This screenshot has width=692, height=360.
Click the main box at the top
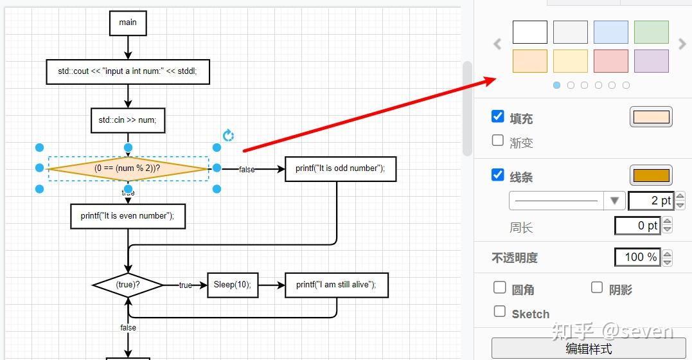(x=128, y=23)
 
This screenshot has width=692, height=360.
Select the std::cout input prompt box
(x=128, y=71)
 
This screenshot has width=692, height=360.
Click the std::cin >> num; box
(x=128, y=120)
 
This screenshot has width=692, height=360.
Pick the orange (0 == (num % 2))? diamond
(x=128, y=168)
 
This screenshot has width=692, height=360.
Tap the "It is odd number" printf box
(x=341, y=168)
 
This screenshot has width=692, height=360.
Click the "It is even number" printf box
(x=128, y=217)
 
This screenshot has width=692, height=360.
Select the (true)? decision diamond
(x=128, y=285)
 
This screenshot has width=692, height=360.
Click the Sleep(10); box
(x=233, y=285)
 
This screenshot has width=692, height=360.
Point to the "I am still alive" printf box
(x=336, y=285)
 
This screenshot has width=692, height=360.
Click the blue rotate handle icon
(x=228, y=135)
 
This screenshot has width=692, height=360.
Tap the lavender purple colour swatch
(x=652, y=61)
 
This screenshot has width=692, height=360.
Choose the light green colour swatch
(x=652, y=32)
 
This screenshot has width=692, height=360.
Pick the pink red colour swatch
(x=611, y=61)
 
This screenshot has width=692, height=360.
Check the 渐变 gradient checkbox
(x=498, y=141)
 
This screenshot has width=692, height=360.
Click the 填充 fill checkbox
(x=498, y=116)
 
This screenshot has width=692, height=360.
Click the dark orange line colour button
(x=651, y=175)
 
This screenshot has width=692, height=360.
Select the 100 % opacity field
(x=638, y=257)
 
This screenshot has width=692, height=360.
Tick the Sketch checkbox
(x=500, y=311)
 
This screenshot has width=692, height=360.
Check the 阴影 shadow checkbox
(x=597, y=287)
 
